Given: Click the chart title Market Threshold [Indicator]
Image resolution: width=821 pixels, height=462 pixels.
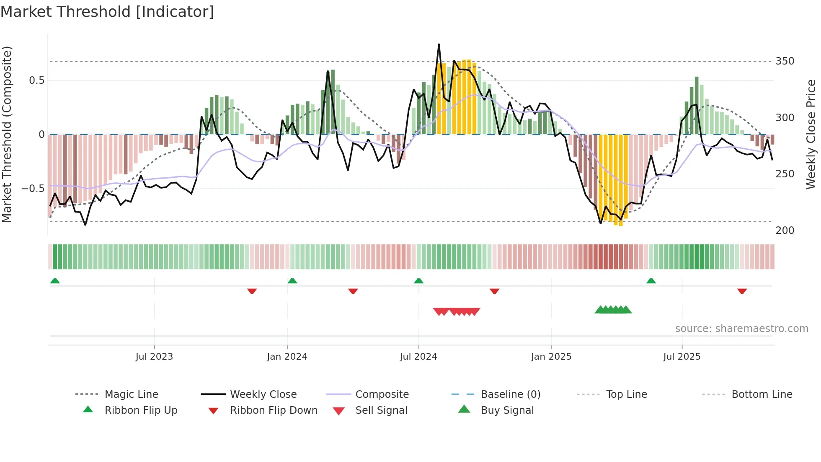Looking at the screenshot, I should (x=107, y=12).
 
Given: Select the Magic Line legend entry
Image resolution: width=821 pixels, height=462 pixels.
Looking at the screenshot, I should (x=131, y=395).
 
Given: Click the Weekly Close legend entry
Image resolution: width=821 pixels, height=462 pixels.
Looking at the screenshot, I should (x=263, y=395).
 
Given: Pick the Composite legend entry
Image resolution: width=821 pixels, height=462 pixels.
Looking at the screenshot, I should (x=382, y=395).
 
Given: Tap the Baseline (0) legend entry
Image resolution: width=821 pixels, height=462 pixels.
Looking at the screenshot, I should (x=510, y=395).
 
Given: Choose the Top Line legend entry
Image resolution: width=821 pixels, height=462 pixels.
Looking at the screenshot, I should (x=626, y=395).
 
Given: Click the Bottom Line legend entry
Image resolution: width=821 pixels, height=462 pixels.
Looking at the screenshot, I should (x=762, y=395).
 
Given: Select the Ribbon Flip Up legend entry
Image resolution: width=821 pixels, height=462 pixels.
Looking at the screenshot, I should (x=141, y=410).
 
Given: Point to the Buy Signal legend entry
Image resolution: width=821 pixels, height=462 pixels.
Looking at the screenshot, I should (x=507, y=410).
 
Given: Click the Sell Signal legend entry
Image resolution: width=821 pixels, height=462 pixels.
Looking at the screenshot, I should (x=381, y=410).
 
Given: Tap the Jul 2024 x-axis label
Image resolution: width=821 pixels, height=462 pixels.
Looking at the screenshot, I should (x=418, y=357).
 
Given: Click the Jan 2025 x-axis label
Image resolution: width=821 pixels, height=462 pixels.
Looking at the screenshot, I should (x=551, y=357).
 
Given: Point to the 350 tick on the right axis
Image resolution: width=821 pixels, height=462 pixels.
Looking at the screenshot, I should (x=785, y=61).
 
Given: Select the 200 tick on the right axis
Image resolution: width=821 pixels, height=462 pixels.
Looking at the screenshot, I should (x=785, y=231).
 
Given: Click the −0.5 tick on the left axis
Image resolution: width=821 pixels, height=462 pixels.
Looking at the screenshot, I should (x=33, y=189).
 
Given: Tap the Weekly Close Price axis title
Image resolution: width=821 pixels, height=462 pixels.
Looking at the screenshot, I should (x=811, y=134).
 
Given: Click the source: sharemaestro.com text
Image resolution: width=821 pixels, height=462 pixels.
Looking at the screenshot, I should (x=741, y=329).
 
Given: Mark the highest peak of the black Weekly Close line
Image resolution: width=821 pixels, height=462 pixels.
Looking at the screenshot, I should (x=439, y=44).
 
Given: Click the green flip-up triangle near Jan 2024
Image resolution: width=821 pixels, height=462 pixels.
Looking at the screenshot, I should (x=292, y=281).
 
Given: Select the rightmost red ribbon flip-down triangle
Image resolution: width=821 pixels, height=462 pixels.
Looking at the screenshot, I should (x=742, y=291).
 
